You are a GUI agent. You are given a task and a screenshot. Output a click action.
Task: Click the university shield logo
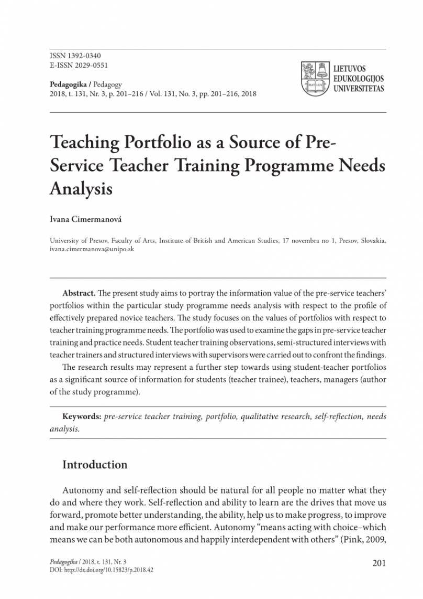314,77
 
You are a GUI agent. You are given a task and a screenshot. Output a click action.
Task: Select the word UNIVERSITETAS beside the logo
359,89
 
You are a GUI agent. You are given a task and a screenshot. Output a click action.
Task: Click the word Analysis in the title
81,188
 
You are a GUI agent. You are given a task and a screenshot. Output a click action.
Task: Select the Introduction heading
95,465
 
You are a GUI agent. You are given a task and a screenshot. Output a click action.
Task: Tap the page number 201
379,563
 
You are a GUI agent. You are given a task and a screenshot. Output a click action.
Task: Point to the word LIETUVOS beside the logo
350,69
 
